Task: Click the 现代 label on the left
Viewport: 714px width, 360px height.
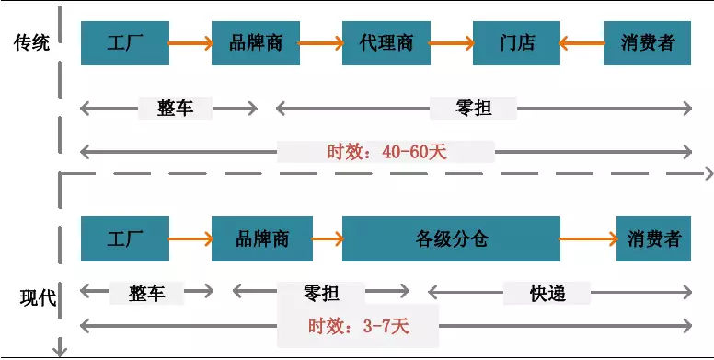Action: (38, 297)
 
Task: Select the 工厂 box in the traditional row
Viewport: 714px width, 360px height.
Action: (125, 42)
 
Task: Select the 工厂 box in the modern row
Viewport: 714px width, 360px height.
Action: (125, 238)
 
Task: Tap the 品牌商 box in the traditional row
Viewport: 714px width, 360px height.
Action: (256, 42)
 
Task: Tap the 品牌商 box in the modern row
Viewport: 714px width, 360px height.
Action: (262, 238)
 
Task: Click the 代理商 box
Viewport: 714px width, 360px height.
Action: (386, 42)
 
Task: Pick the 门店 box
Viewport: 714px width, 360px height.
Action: (517, 42)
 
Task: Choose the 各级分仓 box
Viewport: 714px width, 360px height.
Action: (451, 238)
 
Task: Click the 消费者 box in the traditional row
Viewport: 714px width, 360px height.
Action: (648, 42)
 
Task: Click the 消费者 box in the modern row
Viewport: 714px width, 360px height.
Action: (654, 238)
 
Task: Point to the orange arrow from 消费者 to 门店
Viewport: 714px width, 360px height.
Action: (582, 42)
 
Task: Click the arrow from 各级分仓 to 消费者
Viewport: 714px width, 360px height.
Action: (588, 238)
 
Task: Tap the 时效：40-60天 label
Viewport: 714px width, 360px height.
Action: (386, 151)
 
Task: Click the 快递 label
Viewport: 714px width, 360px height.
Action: (547, 293)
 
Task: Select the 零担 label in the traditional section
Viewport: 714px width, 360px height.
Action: (473, 108)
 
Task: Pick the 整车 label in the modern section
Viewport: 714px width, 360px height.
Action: (147, 293)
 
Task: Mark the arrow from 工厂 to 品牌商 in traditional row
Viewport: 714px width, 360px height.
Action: (190, 42)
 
